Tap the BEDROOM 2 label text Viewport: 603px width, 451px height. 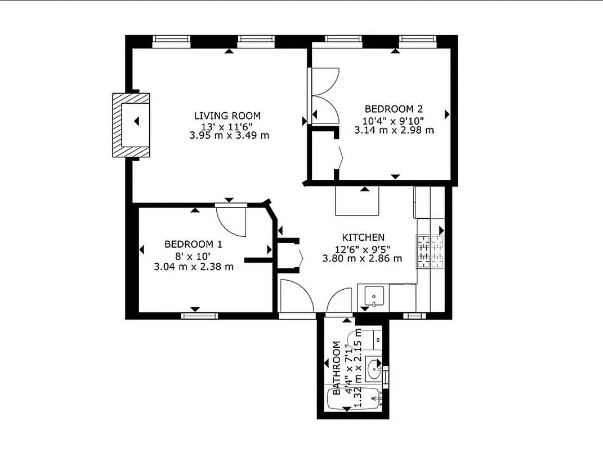pyautogui.click(x=394, y=109)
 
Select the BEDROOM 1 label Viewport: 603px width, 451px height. pyautogui.click(x=193, y=244)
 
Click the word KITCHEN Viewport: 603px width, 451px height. pyautogui.click(x=363, y=237)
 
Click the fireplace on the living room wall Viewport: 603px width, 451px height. pyautogui.click(x=131, y=125)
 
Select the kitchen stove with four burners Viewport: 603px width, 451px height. pyautogui.click(x=430, y=251)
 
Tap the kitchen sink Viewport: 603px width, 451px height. pyautogui.click(x=373, y=295)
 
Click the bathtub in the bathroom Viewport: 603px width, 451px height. pyautogui.click(x=355, y=400)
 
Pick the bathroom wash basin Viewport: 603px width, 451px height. pyautogui.click(x=373, y=369)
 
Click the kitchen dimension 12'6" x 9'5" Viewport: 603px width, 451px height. pyautogui.click(x=363, y=249)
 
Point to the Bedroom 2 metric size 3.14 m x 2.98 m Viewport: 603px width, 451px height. pyautogui.click(x=394, y=130)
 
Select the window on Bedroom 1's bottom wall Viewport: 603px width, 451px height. pyautogui.click(x=199, y=316)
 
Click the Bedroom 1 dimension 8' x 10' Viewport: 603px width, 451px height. pyautogui.click(x=193, y=255)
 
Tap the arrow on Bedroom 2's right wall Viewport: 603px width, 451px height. pyautogui.click(x=448, y=114)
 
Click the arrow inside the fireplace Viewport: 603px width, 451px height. pyautogui.click(x=136, y=121)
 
